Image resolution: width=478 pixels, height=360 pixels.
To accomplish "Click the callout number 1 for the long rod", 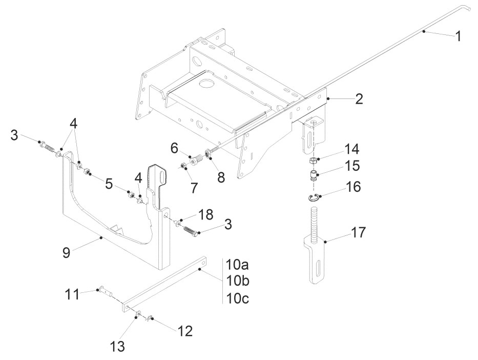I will pos(458,37).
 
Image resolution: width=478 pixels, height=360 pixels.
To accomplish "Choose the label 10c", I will pos(237,298).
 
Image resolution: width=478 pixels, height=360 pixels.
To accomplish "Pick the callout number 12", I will pos(184,332).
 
